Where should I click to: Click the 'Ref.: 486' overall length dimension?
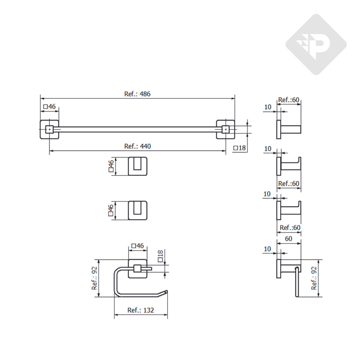coord(137,94)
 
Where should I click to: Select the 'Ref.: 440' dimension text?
coord(137,146)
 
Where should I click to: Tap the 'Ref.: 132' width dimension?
coord(141,310)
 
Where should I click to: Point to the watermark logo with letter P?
coord(316,44)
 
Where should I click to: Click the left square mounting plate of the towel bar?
coord(49,129)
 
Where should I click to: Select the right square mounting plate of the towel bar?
coord(225,129)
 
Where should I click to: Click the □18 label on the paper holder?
coord(160,256)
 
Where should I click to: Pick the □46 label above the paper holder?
coord(137,246)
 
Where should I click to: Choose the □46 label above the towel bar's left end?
coord(49,107)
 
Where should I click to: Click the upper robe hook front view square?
coord(137,166)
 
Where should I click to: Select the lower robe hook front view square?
coord(137,210)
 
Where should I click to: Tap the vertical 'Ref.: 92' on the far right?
coord(314,278)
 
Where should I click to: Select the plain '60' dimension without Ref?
coord(288,239)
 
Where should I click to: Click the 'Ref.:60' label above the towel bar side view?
coord(289,100)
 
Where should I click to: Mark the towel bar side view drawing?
coord(288,129)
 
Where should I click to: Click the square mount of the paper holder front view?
coord(137,269)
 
